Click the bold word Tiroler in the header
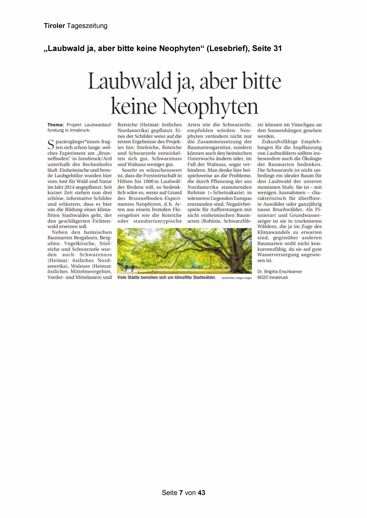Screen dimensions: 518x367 [x=54, y=26]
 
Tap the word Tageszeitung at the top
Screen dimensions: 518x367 [x=87, y=26]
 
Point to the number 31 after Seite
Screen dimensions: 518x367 [x=277, y=48]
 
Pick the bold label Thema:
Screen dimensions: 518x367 [x=55, y=125]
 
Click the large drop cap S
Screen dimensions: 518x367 [x=51, y=145]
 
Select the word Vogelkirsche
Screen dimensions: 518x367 [x=80, y=243]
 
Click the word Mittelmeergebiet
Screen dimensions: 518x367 [x=91, y=271]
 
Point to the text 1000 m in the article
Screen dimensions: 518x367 [x=151, y=181]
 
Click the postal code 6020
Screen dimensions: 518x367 [x=263, y=277]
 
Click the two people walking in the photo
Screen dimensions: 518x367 [x=129, y=268]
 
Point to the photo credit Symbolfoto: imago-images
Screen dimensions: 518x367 [x=236, y=278]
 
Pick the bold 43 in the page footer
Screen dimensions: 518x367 [x=201, y=493]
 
